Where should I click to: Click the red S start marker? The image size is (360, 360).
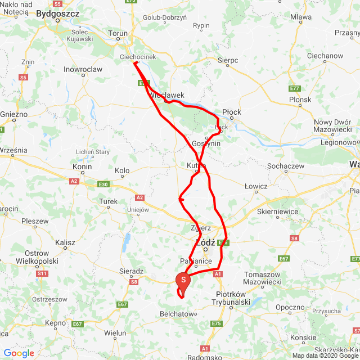tap(183, 278)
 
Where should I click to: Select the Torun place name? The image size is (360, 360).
tap(118, 34)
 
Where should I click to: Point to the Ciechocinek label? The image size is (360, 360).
tap(138, 57)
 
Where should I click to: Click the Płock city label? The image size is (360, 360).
tap(232, 112)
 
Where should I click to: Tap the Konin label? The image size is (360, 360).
tap(82, 166)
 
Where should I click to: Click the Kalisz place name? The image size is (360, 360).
tap(65, 242)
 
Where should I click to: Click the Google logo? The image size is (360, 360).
tap(19, 353)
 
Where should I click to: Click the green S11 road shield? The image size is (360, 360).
tap(41, 273)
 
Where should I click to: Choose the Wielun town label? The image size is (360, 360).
tap(115, 333)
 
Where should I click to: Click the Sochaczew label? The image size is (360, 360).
tap(287, 166)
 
